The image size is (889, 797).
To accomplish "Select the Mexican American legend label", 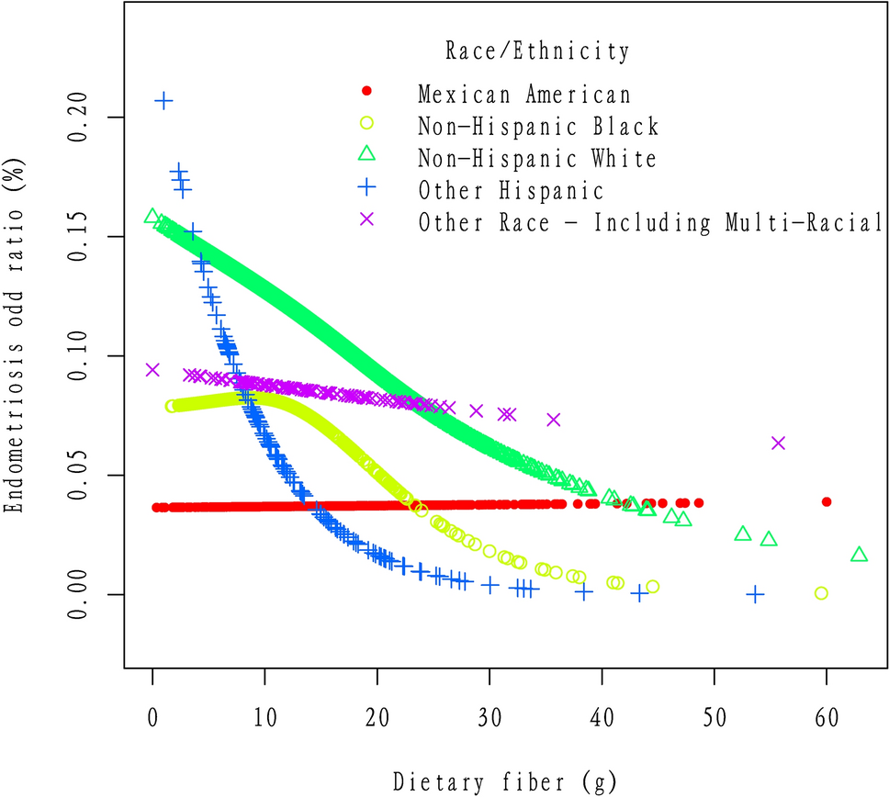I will (524, 95).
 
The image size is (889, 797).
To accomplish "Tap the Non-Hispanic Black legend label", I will (538, 127).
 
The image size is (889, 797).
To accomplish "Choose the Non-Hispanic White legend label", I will (537, 159).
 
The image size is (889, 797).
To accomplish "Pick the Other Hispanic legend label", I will (511, 191).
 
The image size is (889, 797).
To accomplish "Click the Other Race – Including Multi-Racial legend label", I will (649, 223).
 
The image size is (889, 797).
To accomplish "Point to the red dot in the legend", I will (366, 91).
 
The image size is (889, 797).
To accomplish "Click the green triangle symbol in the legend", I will (366, 155).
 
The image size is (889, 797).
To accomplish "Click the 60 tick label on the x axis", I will (827, 716).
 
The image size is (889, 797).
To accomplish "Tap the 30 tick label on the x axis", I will (490, 716).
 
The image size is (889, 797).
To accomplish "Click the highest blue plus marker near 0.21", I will (163, 101).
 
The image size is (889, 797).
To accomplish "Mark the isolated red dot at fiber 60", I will (827, 502).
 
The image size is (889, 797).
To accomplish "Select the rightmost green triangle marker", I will (859, 555).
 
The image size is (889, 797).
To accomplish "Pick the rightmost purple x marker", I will (778, 443).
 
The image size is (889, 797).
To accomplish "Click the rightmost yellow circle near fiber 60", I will (821, 593).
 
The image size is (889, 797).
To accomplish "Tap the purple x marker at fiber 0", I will (152, 370).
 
